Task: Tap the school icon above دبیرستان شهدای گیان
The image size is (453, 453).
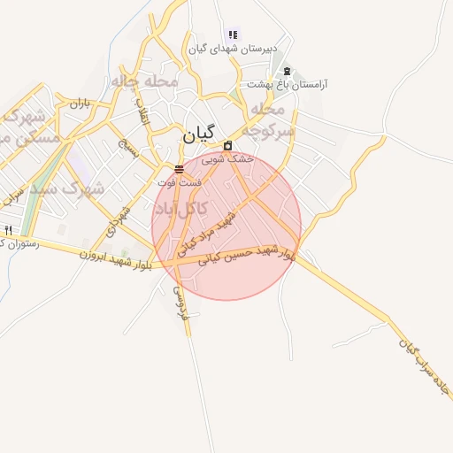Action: [x=233, y=35]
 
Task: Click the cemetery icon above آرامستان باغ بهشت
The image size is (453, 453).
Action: [x=285, y=71]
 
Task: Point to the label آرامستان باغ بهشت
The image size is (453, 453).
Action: [x=294, y=84]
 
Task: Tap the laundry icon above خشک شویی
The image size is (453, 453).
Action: [x=228, y=145]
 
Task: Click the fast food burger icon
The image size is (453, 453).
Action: [x=180, y=168]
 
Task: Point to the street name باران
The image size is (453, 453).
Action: [x=81, y=104]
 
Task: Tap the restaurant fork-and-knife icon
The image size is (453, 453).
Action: [x=8, y=230]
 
